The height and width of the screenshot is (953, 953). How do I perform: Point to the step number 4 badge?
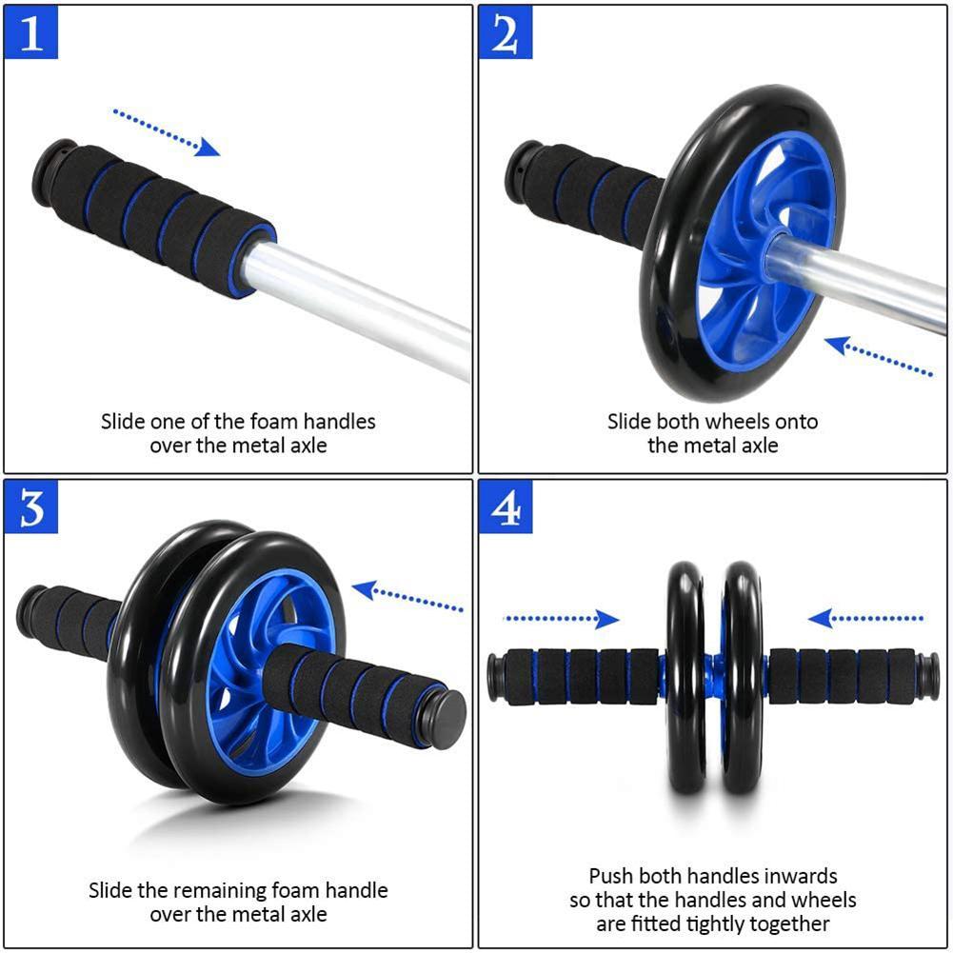(x=506, y=509)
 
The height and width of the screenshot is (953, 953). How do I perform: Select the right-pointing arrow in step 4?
(x=561, y=620)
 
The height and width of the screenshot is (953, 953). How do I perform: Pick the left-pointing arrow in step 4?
(x=866, y=620)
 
